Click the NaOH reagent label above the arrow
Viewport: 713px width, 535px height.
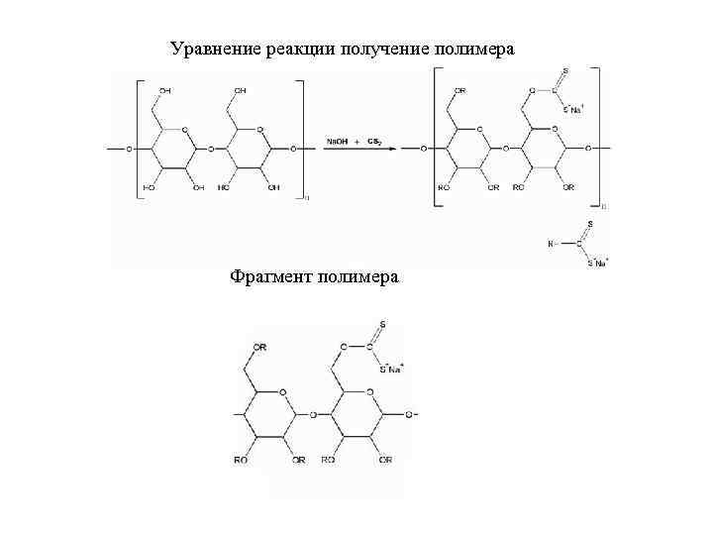pos(338,142)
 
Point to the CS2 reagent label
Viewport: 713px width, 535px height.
pos(375,142)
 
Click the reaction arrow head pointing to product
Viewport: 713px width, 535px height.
pos(393,150)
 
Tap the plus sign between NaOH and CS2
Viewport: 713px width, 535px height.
pos(356,143)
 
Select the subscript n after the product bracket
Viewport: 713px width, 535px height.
pos(605,207)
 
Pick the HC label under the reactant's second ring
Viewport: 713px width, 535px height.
pos(225,187)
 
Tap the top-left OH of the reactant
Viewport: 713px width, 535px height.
pos(164,91)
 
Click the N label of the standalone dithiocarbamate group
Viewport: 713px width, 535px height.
pos(550,244)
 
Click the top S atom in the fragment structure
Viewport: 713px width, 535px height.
pos(382,325)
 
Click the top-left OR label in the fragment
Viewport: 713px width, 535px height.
pos(259,348)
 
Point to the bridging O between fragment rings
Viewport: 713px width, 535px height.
pos(313,414)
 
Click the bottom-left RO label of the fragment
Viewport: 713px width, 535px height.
pos(240,460)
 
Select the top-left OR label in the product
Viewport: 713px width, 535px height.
pos(460,91)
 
